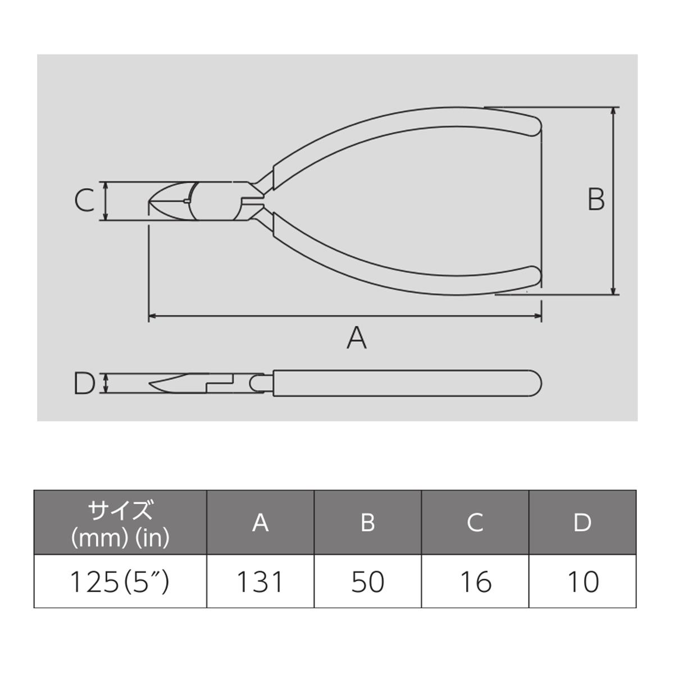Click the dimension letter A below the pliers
(357, 338)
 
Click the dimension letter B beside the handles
(596, 199)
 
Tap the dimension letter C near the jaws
(85, 200)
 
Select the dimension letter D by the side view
(84, 384)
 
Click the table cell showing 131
(260, 582)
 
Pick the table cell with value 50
(367, 582)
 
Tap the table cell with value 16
(475, 582)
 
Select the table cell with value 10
(582, 582)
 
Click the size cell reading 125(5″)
(120, 582)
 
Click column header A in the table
(260, 523)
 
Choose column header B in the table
(367, 523)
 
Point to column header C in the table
(475, 523)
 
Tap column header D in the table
(582, 523)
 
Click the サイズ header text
(120, 511)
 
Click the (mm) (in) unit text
(120, 538)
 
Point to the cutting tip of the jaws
(149, 202)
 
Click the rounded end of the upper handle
(538, 126)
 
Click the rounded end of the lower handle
(538, 276)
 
